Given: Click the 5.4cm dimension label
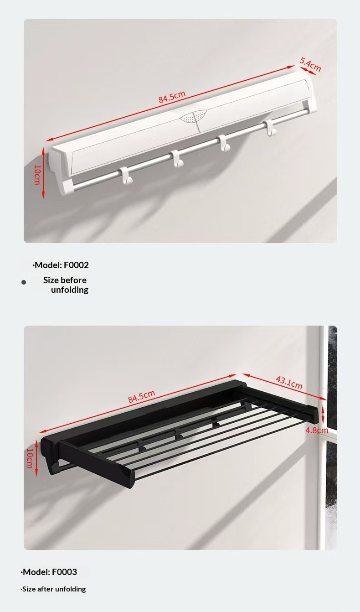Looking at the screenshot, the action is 310,64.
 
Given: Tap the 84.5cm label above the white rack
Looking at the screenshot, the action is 172,97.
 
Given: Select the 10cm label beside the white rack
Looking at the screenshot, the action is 37,175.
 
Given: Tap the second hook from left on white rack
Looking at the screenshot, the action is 177,158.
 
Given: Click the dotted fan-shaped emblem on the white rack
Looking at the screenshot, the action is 193,116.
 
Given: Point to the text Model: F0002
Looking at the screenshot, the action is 61,265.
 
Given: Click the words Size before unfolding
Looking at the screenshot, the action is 66,285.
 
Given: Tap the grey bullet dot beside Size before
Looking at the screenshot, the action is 24,282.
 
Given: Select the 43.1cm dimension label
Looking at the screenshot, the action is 289,383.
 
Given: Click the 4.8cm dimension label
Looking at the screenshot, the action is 317,430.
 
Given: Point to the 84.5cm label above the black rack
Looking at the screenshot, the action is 142,396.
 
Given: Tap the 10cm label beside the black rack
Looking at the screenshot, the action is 30,458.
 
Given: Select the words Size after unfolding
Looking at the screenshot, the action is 53,589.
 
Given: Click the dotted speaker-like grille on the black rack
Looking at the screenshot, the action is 125,471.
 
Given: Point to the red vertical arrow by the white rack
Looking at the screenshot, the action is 43,173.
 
